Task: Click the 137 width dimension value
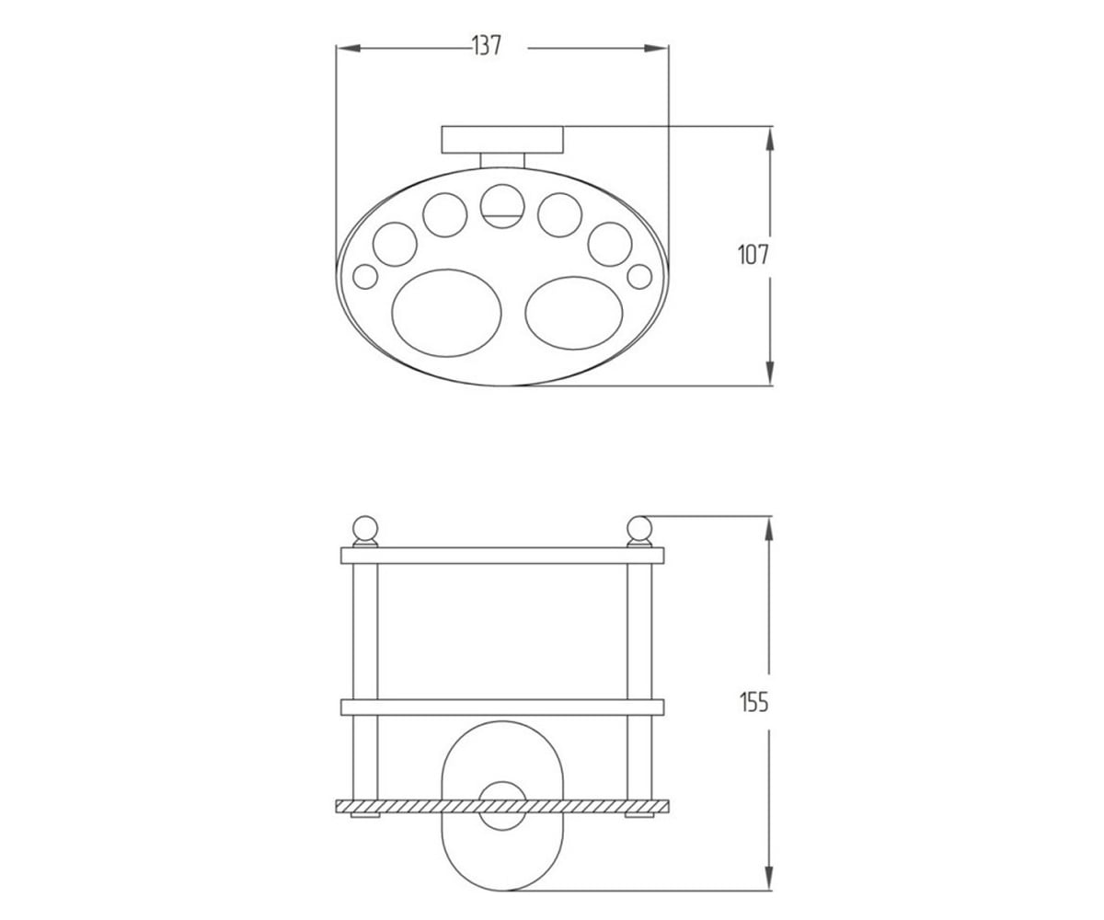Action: click(x=487, y=45)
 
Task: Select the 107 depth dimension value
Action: click(x=753, y=256)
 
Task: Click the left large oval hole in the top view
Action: click(x=446, y=313)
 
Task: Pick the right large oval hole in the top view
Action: click(x=574, y=313)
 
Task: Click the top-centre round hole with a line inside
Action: click(x=502, y=206)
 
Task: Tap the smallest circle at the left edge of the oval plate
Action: click(x=365, y=277)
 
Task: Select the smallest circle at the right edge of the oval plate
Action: click(x=639, y=277)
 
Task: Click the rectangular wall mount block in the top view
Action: click(x=503, y=140)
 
